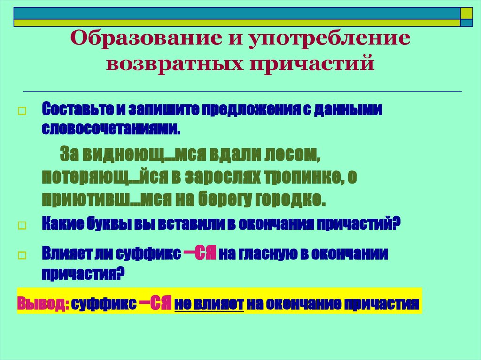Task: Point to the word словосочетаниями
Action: pyautogui.click(x=111, y=128)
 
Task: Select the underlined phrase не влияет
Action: pyautogui.click(x=209, y=303)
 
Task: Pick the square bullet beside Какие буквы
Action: pyautogui.click(x=21, y=226)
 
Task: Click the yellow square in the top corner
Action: pyautogui.click(x=466, y=12)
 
